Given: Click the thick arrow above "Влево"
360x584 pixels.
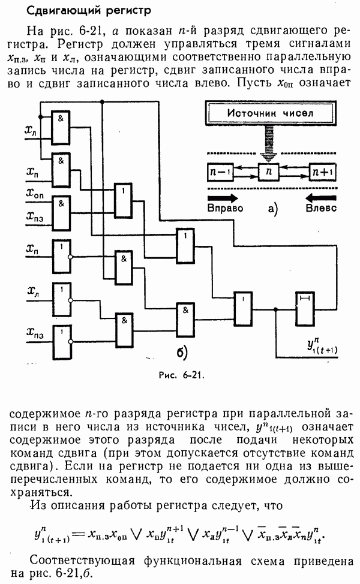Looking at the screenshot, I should (322, 197).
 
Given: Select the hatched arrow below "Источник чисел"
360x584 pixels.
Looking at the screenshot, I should (270, 143).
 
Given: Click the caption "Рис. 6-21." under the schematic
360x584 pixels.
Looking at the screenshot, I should (180, 376).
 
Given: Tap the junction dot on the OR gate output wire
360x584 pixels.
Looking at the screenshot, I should (275, 309).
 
